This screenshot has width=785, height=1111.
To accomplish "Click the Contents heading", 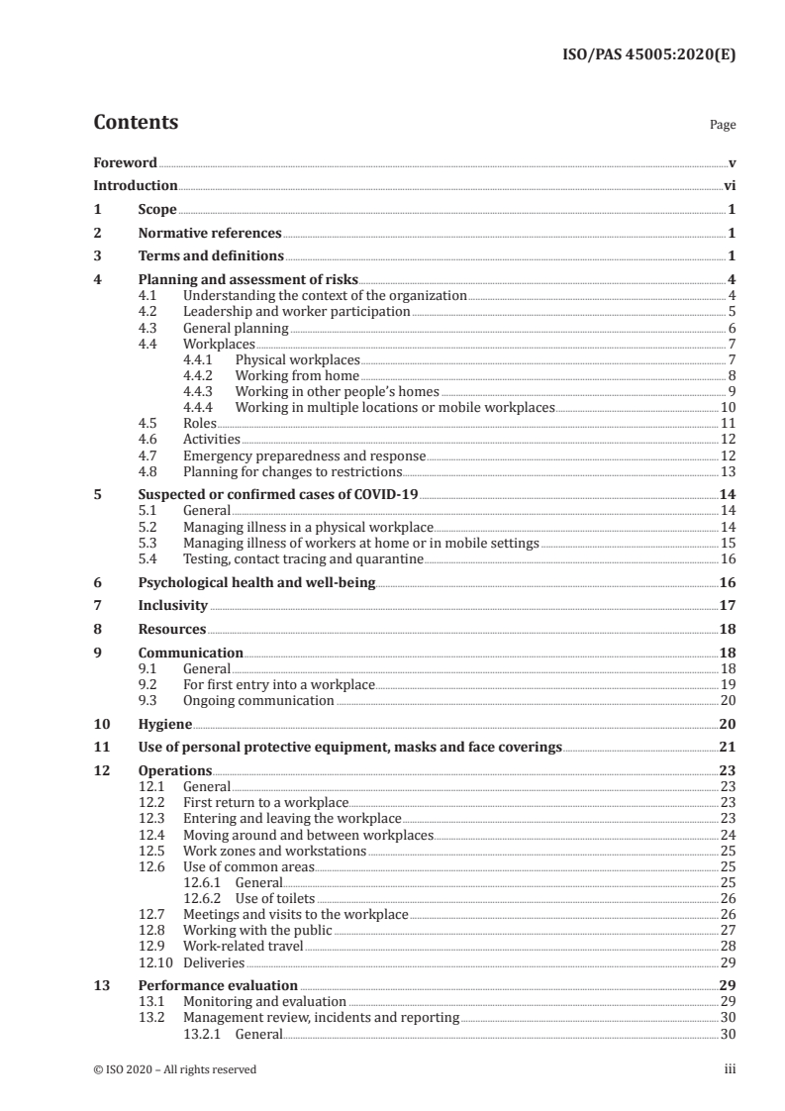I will coord(136,123).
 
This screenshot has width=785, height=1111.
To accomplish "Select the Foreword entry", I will coord(125,162).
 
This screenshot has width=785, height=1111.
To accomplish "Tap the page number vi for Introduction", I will coord(729,185).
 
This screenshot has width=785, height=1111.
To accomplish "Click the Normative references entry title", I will coord(210,234).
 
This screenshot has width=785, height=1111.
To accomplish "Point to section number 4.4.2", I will coord(202,376).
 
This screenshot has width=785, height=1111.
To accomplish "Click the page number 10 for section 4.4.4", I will coord(727,407).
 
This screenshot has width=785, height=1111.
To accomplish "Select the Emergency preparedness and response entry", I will coord(304,455).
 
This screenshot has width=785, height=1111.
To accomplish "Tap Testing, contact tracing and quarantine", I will coord(303,559).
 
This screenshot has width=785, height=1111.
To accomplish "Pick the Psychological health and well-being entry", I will coord(256,583).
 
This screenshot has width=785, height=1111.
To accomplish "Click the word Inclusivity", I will coord(172,605).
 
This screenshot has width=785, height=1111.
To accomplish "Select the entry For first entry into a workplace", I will coord(278,684).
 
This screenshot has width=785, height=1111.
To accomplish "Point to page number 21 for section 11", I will coord(727,747).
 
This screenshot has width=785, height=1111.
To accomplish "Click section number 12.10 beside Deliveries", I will coord(153,961).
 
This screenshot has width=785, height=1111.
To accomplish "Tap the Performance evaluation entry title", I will coord(218,985).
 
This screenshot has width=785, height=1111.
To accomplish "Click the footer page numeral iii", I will coord(730,1069).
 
